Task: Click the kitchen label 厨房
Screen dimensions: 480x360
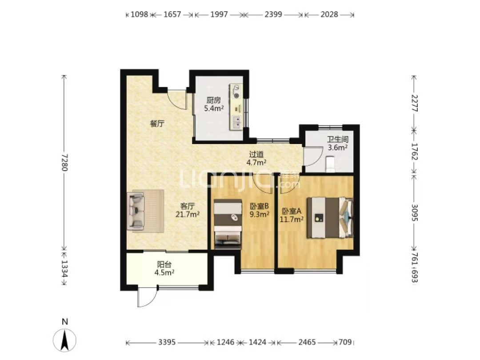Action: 213,100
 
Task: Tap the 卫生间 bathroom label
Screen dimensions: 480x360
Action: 338,140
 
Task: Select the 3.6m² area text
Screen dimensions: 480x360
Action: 338,148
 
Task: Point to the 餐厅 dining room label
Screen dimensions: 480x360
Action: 157,124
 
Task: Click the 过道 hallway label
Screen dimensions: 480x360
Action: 256,155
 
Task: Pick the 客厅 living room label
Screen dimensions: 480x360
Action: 188,206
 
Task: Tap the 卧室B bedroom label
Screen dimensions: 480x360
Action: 259,206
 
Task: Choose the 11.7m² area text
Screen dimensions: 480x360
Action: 292,219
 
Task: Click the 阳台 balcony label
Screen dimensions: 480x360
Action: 164,264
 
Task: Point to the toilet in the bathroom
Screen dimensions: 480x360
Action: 330,164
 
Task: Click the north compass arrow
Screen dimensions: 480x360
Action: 64,340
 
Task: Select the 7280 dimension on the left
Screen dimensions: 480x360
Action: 64,162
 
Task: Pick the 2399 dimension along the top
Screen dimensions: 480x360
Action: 273,14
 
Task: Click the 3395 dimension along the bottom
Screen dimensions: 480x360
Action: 167,342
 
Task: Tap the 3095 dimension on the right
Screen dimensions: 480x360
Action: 414,212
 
